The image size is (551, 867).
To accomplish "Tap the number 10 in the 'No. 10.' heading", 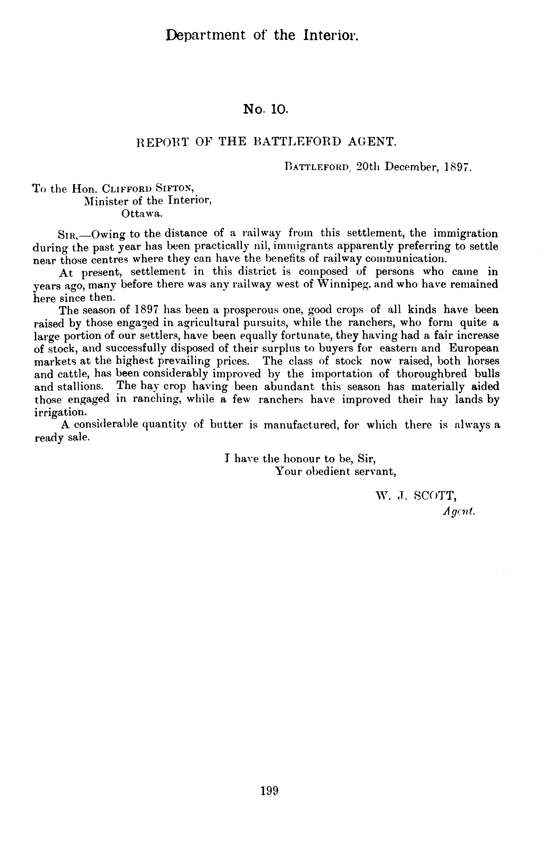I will coord(279,109).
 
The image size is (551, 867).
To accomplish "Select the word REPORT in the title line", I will coord(162,142).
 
